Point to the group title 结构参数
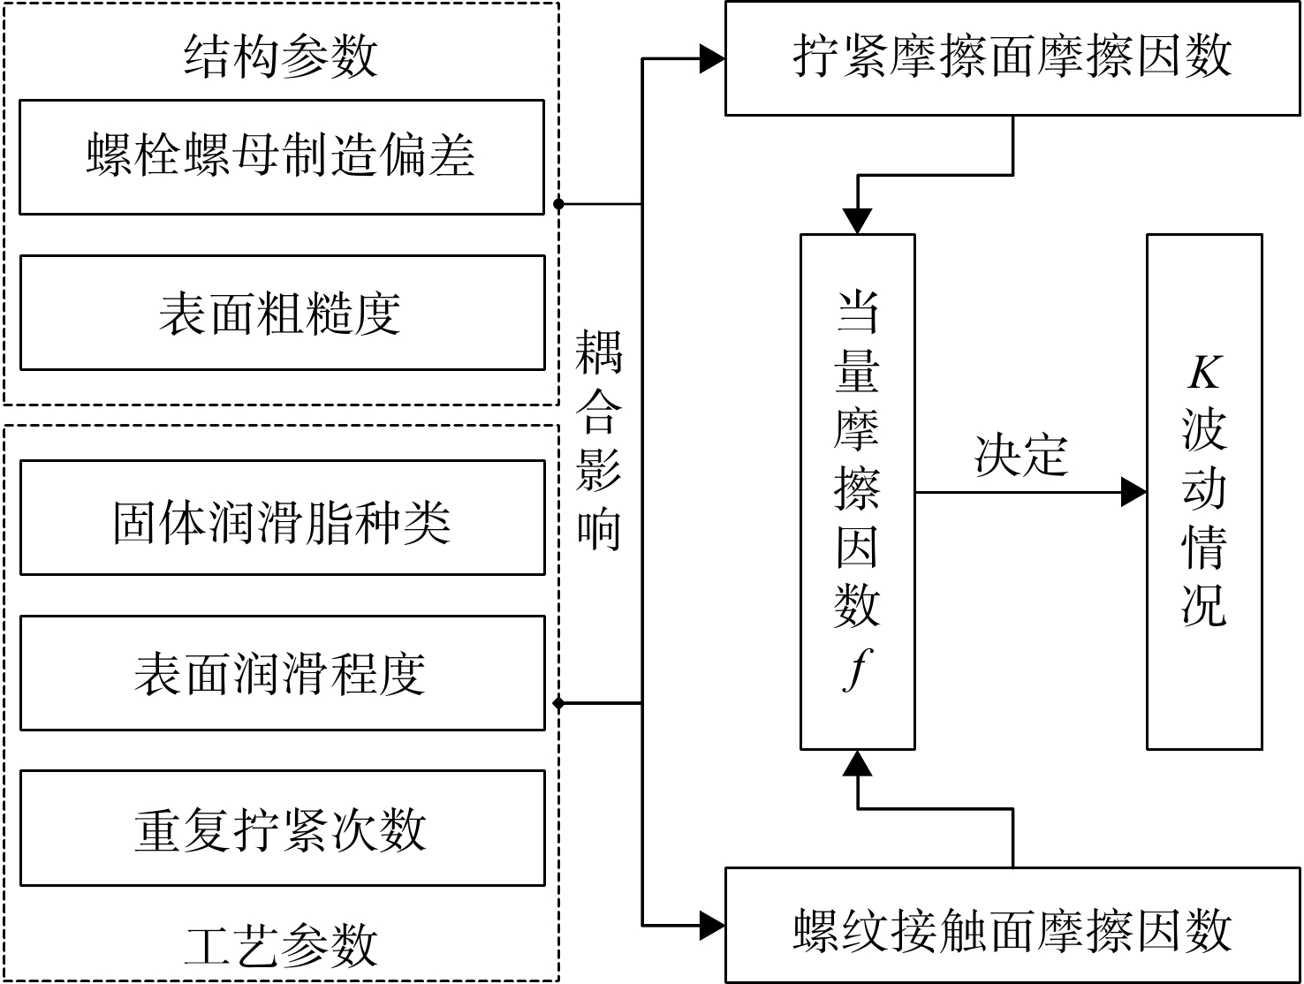pyautogui.click(x=280, y=56)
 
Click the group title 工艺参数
pyautogui.click(x=280, y=944)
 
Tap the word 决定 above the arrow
pyautogui.click(x=1021, y=456)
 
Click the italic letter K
pyautogui.click(x=1205, y=373)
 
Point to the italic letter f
pyautogui.click(x=857, y=670)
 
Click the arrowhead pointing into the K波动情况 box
pyautogui.click(x=1133, y=492)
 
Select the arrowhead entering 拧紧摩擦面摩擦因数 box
pyautogui.click(x=712, y=59)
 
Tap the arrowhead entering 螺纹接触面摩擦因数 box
pyautogui.click(x=712, y=925)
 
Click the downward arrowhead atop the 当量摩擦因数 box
pyautogui.click(x=857, y=221)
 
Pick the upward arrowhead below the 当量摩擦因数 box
pyautogui.click(x=857, y=763)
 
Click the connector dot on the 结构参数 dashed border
pyautogui.click(x=558, y=204)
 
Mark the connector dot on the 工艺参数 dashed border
pyautogui.click(x=558, y=704)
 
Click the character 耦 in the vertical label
pyautogui.click(x=598, y=352)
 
